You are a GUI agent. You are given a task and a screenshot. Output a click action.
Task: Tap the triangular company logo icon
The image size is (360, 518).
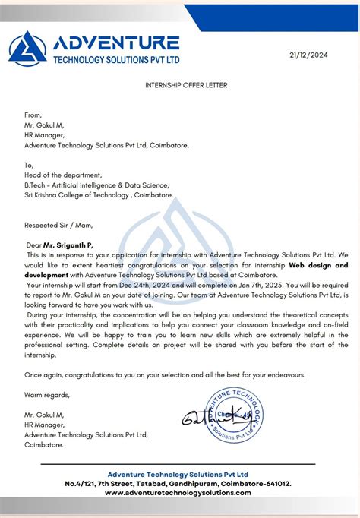point(27,49)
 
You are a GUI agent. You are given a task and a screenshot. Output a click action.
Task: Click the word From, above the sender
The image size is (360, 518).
point(34,115)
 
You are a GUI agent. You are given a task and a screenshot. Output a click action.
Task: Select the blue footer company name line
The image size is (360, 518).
point(178,473)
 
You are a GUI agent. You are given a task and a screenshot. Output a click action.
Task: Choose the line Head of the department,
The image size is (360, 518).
point(62,175)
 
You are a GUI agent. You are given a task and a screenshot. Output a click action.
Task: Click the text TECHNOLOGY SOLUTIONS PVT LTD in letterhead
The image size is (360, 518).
point(116,58)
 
